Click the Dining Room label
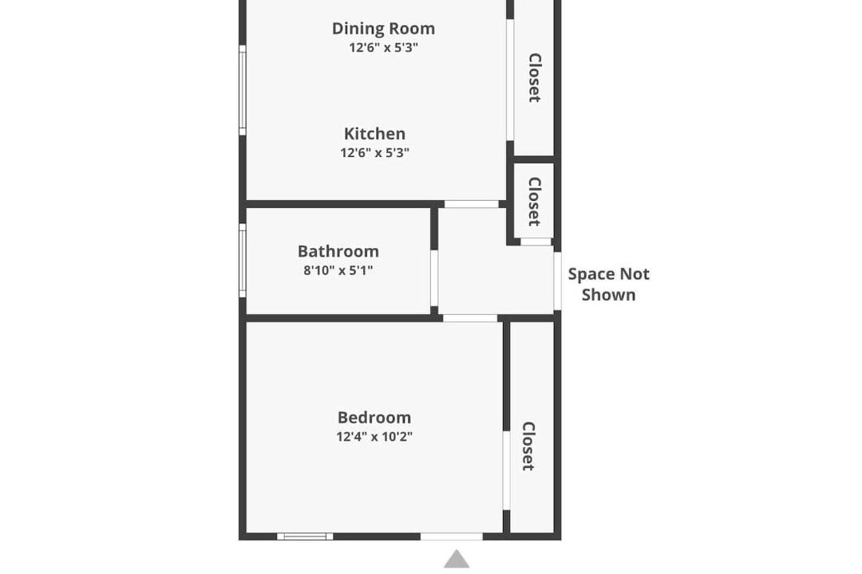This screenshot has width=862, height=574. tap(383, 29)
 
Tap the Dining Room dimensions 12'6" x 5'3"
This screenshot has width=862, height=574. tap(383, 48)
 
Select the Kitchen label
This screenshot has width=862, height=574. tap(374, 133)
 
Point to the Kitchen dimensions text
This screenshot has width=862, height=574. tap(374, 153)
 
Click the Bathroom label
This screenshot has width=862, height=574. tap(338, 251)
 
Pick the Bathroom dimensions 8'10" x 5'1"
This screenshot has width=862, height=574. tap(338, 270)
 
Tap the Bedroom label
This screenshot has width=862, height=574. tap(374, 418)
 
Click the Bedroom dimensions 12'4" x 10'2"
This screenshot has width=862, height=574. tap(374, 437)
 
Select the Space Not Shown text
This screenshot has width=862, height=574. tap(608, 284)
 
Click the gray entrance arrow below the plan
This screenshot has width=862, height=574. tap(457, 559)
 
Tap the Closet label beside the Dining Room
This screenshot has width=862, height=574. tap(534, 77)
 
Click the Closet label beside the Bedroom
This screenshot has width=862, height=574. tap(528, 446)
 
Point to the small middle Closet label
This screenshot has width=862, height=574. tap(534, 202)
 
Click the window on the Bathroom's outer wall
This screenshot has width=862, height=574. tap(243, 261)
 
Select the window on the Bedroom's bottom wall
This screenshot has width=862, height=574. tap(305, 536)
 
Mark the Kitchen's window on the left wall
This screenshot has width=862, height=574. tap(243, 90)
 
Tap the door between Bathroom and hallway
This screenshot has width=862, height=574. tap(434, 278)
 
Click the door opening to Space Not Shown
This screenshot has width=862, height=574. tap(557, 281)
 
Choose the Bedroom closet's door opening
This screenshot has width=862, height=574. tap(506, 470)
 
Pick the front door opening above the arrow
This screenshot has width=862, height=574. tap(452, 536)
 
